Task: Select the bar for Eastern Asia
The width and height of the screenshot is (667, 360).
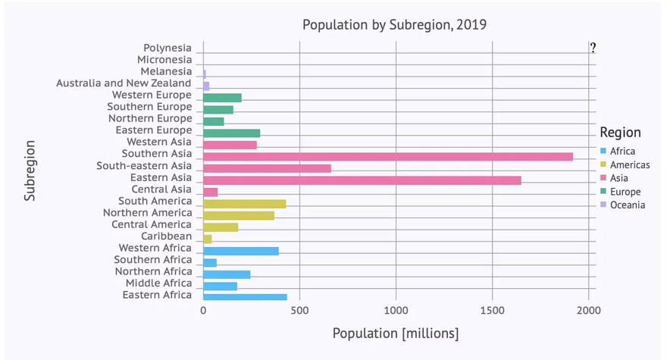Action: pyautogui.click(x=362, y=180)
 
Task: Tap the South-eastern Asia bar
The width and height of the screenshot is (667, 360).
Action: pyautogui.click(x=267, y=168)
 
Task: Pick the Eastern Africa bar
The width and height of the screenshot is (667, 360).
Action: pyautogui.click(x=245, y=297)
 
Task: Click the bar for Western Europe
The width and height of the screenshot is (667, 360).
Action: pyautogui.click(x=222, y=98)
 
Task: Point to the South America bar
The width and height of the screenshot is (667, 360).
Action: pyautogui.click(x=244, y=204)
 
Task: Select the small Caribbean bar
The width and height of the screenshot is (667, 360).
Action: pyautogui.click(x=208, y=239)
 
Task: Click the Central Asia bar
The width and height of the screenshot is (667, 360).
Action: pyautogui.click(x=211, y=192)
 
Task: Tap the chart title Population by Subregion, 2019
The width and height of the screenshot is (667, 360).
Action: pyautogui.click(x=394, y=24)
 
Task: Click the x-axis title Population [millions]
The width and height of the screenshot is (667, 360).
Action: pyautogui.click(x=395, y=333)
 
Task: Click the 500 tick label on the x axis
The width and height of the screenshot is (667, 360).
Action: pyautogui.click(x=300, y=311)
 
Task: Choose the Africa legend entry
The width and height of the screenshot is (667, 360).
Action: pyautogui.click(x=622, y=151)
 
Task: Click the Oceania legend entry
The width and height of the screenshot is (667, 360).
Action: pyautogui.click(x=627, y=205)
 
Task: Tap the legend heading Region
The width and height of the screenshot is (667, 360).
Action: pyautogui.click(x=620, y=133)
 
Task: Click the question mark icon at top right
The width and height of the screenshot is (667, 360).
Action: pyautogui.click(x=593, y=48)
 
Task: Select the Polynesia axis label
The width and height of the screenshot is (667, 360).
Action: pyautogui.click(x=168, y=48)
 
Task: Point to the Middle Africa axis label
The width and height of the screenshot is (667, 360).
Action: pyautogui.click(x=158, y=283)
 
